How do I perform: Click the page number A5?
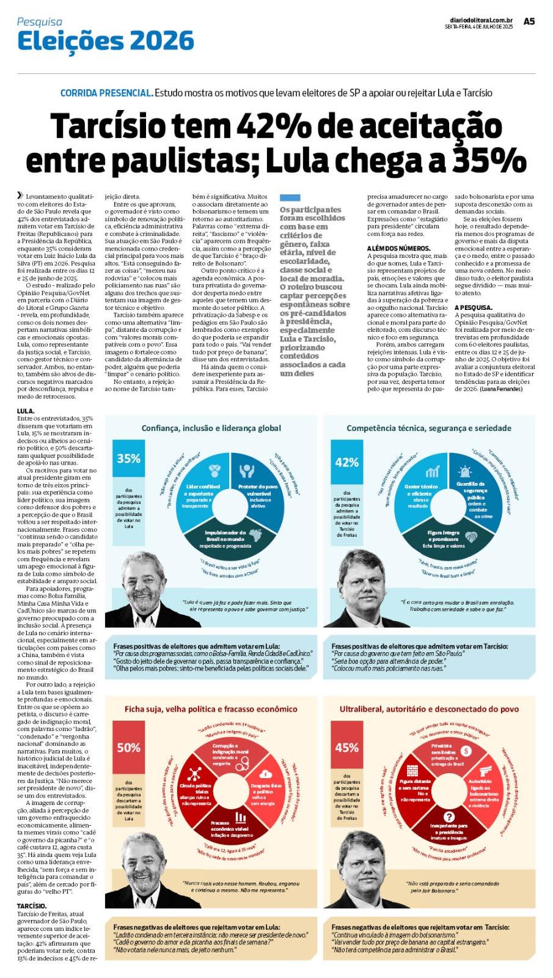coord(529,21)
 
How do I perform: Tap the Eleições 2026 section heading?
coord(106,41)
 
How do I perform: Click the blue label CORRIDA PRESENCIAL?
coord(106,93)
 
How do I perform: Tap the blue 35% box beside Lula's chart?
coord(129,458)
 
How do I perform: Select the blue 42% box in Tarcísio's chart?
coord(346,462)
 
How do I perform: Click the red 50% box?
coord(129,747)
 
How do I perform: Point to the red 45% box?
coord(346,747)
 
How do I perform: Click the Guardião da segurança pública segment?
coord(475,495)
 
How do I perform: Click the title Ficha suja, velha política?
coord(211,709)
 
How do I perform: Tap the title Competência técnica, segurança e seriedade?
coord(428,428)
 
